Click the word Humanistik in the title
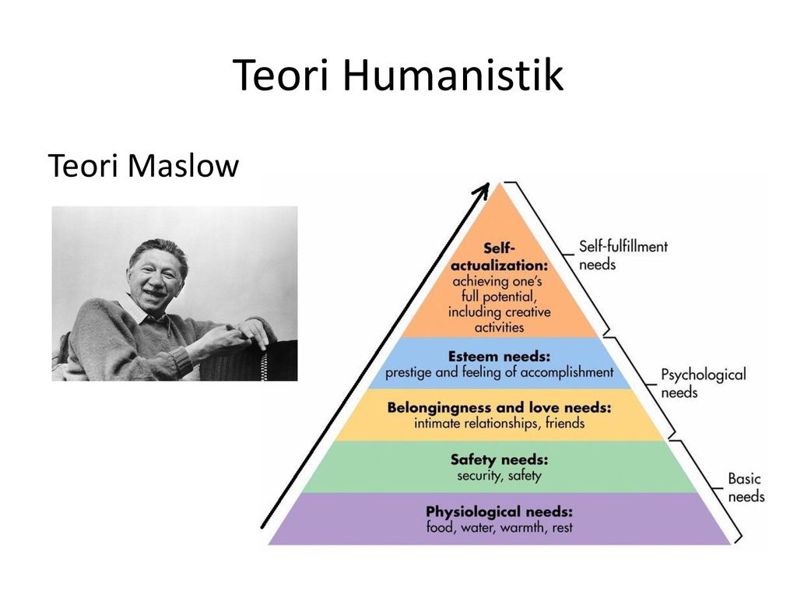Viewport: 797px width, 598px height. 453,75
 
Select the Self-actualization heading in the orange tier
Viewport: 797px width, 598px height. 500,257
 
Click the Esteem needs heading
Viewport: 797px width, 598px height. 499,357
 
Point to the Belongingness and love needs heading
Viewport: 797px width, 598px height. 499,408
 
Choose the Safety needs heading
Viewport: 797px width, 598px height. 499,459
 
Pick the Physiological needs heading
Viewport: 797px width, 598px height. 499,512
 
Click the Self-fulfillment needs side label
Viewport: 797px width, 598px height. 623,255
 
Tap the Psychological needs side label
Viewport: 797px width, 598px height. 704,383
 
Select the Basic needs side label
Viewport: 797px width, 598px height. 746,487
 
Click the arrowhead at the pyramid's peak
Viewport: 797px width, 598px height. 482,191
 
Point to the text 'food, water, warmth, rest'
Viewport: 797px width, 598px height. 499,527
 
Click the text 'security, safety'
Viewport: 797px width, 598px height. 499,476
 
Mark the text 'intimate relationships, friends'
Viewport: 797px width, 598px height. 499,423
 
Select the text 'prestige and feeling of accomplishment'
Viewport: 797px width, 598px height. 499,372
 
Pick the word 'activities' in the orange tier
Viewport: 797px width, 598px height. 499,328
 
